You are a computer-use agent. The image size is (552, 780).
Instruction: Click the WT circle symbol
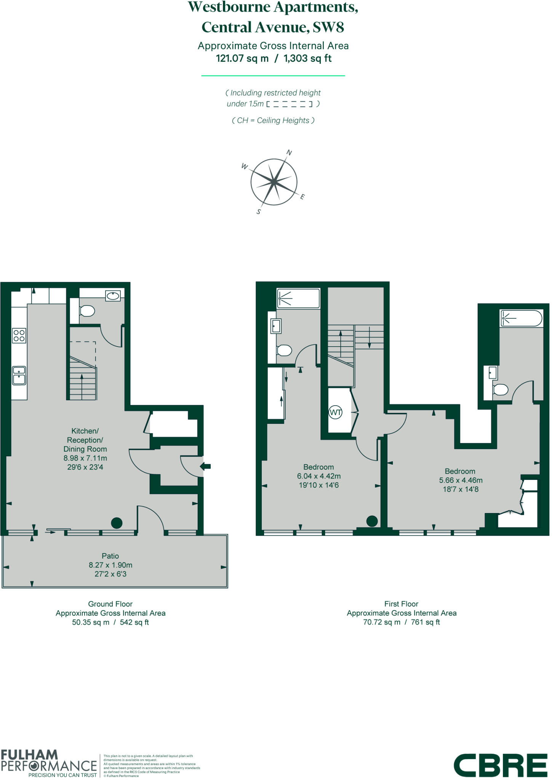(335, 412)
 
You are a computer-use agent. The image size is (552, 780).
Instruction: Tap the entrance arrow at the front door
(205, 466)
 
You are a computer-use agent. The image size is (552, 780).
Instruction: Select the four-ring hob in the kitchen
(19, 336)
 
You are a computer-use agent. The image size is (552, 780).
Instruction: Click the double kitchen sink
(19, 375)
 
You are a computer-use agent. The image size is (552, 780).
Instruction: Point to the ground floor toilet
(87, 311)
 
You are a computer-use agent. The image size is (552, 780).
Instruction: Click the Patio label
(110, 556)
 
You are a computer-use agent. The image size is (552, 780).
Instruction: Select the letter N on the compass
(289, 153)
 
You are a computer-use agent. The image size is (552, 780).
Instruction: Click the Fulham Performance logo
(49, 764)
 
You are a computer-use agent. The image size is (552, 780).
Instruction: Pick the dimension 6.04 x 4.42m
(318, 476)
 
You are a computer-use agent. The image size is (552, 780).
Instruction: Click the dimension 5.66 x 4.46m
(461, 480)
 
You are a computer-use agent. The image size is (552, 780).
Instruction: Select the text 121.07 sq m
(242, 58)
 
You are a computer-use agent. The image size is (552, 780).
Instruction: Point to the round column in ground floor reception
(117, 523)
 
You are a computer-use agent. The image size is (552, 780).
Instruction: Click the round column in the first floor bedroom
(372, 521)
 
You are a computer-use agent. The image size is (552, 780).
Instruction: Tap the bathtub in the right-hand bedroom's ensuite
(521, 318)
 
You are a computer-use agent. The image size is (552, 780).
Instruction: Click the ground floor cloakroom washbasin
(113, 296)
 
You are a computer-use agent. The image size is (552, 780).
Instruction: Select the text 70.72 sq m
(382, 622)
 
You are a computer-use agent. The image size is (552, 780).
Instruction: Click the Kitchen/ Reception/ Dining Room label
(85, 440)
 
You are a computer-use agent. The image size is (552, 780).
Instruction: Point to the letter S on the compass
(259, 212)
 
